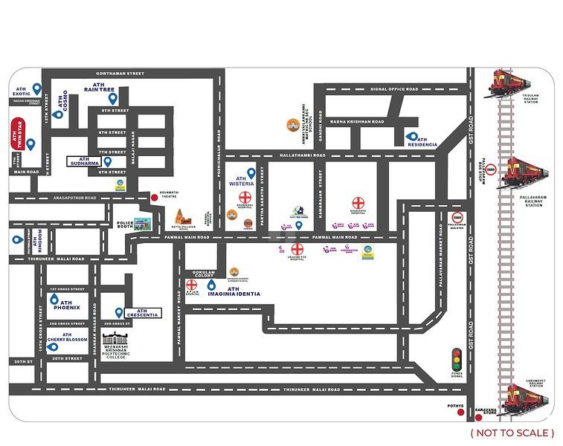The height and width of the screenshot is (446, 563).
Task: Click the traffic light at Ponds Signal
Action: (456, 358)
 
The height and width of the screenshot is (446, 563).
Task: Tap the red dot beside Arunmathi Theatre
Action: (155, 197)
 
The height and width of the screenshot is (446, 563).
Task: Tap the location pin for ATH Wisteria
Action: (251, 173)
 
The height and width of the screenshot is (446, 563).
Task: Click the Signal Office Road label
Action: (393, 89)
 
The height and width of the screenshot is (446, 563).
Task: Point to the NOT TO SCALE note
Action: (512, 433)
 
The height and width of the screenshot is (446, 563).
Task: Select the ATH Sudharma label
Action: (84, 161)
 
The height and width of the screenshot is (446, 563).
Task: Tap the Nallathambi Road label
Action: (303, 155)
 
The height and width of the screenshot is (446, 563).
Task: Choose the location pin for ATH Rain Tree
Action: (113, 97)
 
